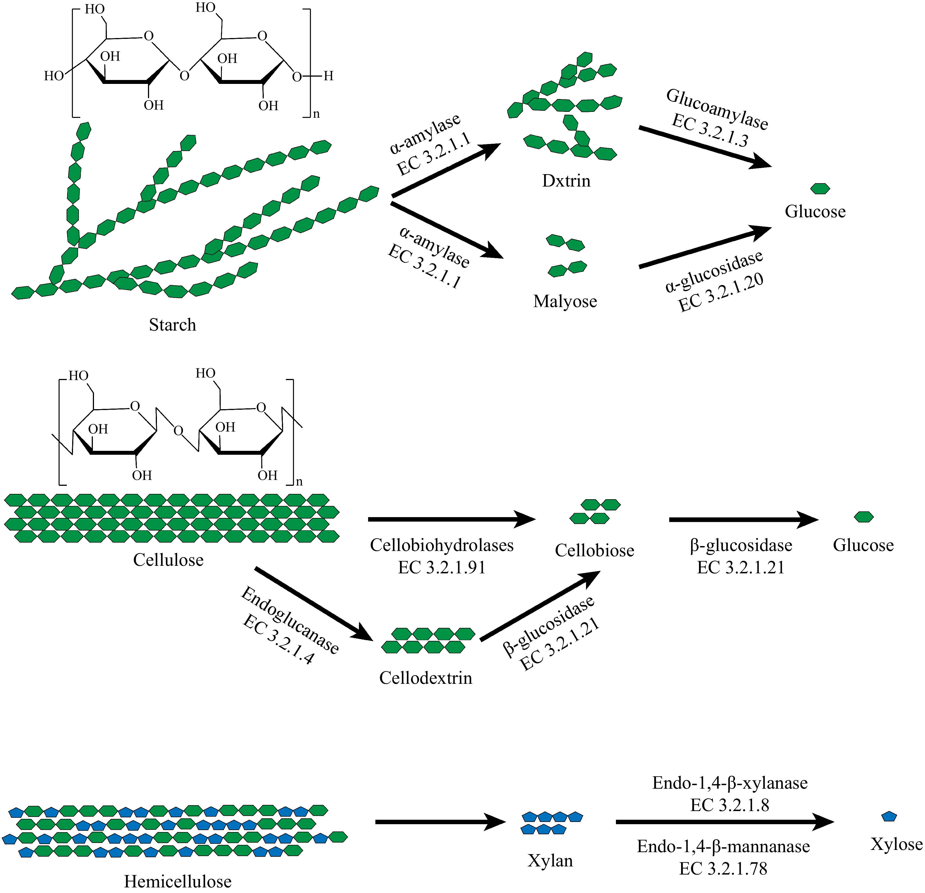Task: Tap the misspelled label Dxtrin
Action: pos(566,181)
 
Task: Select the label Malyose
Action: pos(565,301)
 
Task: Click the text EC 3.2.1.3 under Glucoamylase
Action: pos(709,131)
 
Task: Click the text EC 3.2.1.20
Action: pos(721,293)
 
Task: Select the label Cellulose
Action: pos(168,560)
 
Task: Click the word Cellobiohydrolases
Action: pos(441,545)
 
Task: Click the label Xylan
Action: pos(550,861)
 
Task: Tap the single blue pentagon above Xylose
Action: pos(889,816)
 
